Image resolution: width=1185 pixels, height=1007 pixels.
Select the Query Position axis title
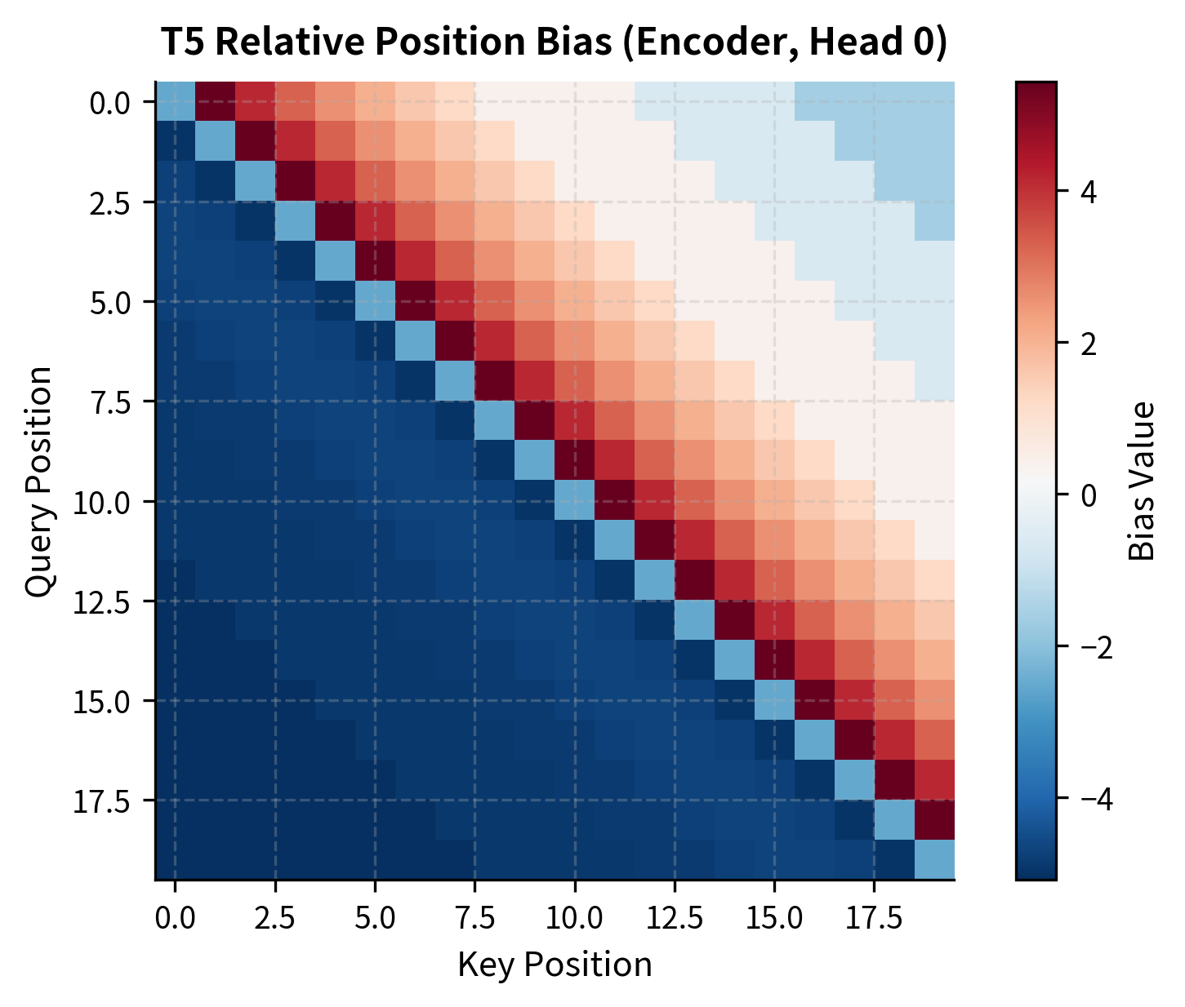(38, 481)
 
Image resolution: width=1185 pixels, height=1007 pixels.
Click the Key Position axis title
(555, 965)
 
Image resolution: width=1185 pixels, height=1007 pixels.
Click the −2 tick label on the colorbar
(1090, 646)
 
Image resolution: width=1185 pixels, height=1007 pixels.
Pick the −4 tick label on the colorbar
(1090, 798)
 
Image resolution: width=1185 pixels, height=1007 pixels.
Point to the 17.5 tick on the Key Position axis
(875, 919)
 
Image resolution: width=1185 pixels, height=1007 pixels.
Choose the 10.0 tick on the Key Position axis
(575, 919)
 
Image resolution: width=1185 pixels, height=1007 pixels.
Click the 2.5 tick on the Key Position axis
(275, 919)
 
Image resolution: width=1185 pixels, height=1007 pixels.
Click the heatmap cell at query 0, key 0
(175, 102)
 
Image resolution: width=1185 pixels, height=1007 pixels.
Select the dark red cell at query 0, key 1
(215, 102)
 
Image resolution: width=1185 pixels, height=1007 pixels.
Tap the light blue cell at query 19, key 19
(934, 860)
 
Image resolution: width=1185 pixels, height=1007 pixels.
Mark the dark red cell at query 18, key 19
(934, 820)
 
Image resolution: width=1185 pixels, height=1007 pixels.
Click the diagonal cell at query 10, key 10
(575, 501)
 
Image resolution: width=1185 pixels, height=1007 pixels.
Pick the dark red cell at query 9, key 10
(575, 461)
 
